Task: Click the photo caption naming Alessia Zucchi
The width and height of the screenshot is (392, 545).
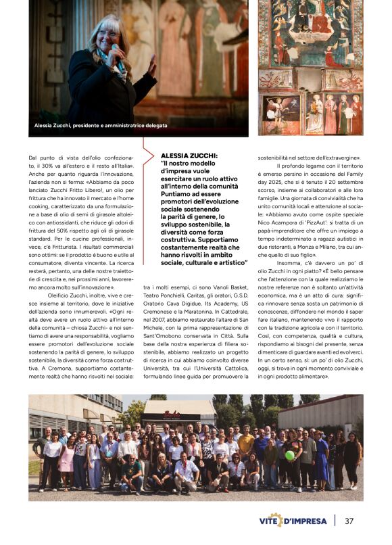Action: [101, 126]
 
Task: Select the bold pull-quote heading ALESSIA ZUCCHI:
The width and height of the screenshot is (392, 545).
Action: [180, 156]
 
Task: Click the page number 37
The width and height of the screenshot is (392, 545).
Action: [349, 521]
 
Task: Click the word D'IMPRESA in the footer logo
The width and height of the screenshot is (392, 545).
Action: [307, 521]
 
